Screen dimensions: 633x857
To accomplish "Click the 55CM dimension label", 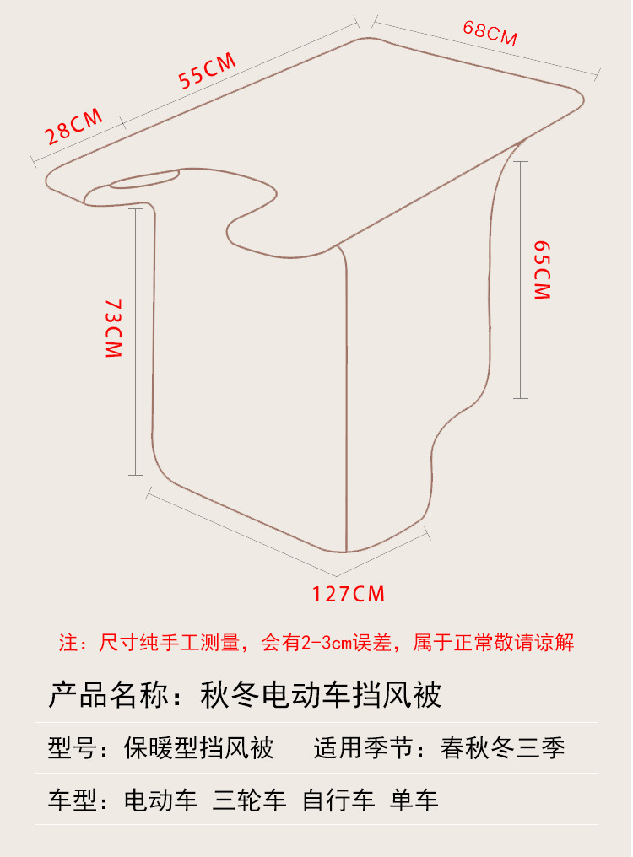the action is [x=207, y=70].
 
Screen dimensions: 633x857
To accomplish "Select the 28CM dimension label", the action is [x=74, y=126].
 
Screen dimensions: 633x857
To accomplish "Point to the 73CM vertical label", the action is [x=113, y=328].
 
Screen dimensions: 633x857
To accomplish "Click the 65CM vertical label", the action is [x=542, y=269].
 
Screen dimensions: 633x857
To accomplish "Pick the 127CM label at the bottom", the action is [x=349, y=594].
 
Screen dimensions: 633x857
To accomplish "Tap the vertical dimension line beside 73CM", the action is [x=135, y=342].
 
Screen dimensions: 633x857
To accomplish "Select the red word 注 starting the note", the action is [x=68, y=643].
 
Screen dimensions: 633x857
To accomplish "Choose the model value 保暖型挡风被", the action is [x=198, y=748].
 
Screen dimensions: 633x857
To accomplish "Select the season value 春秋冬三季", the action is [x=503, y=748].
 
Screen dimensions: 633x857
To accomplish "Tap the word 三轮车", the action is [x=251, y=800].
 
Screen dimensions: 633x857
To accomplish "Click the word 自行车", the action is [x=339, y=800].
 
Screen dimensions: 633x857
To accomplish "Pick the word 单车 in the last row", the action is [x=414, y=800].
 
